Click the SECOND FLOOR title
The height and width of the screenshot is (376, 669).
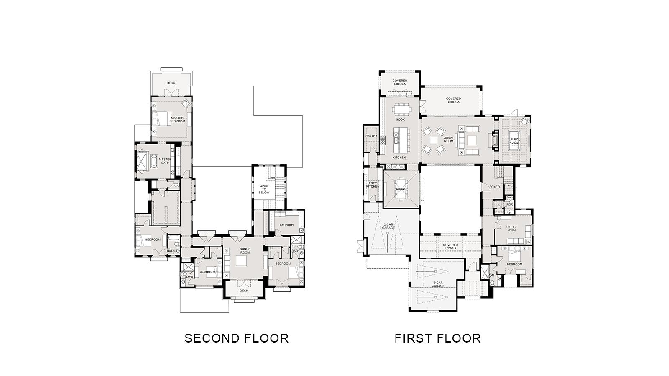coord(237,338)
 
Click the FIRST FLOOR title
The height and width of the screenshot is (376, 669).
coord(437,338)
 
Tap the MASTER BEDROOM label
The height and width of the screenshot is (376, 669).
coord(177,119)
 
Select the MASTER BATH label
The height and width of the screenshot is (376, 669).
coord(165,161)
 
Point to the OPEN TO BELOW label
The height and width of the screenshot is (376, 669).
coord(264,189)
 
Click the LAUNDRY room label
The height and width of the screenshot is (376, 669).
coord(287,225)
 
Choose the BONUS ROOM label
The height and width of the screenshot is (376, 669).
coord(245,251)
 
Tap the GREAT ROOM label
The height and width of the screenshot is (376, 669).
coord(449,140)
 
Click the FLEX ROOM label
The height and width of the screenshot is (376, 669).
coord(514,141)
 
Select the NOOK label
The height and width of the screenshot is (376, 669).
coord(400,119)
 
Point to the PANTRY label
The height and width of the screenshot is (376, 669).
coord(371,136)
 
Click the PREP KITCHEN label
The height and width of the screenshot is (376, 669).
coord(373,185)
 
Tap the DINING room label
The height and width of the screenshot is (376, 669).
coord(401,189)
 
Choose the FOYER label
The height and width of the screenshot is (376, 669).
coord(495,187)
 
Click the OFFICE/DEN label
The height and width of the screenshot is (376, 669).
coord(512,229)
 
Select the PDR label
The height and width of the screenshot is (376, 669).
coord(510,204)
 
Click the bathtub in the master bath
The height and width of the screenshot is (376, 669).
coord(153,161)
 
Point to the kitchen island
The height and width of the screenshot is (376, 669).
coord(400,140)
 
